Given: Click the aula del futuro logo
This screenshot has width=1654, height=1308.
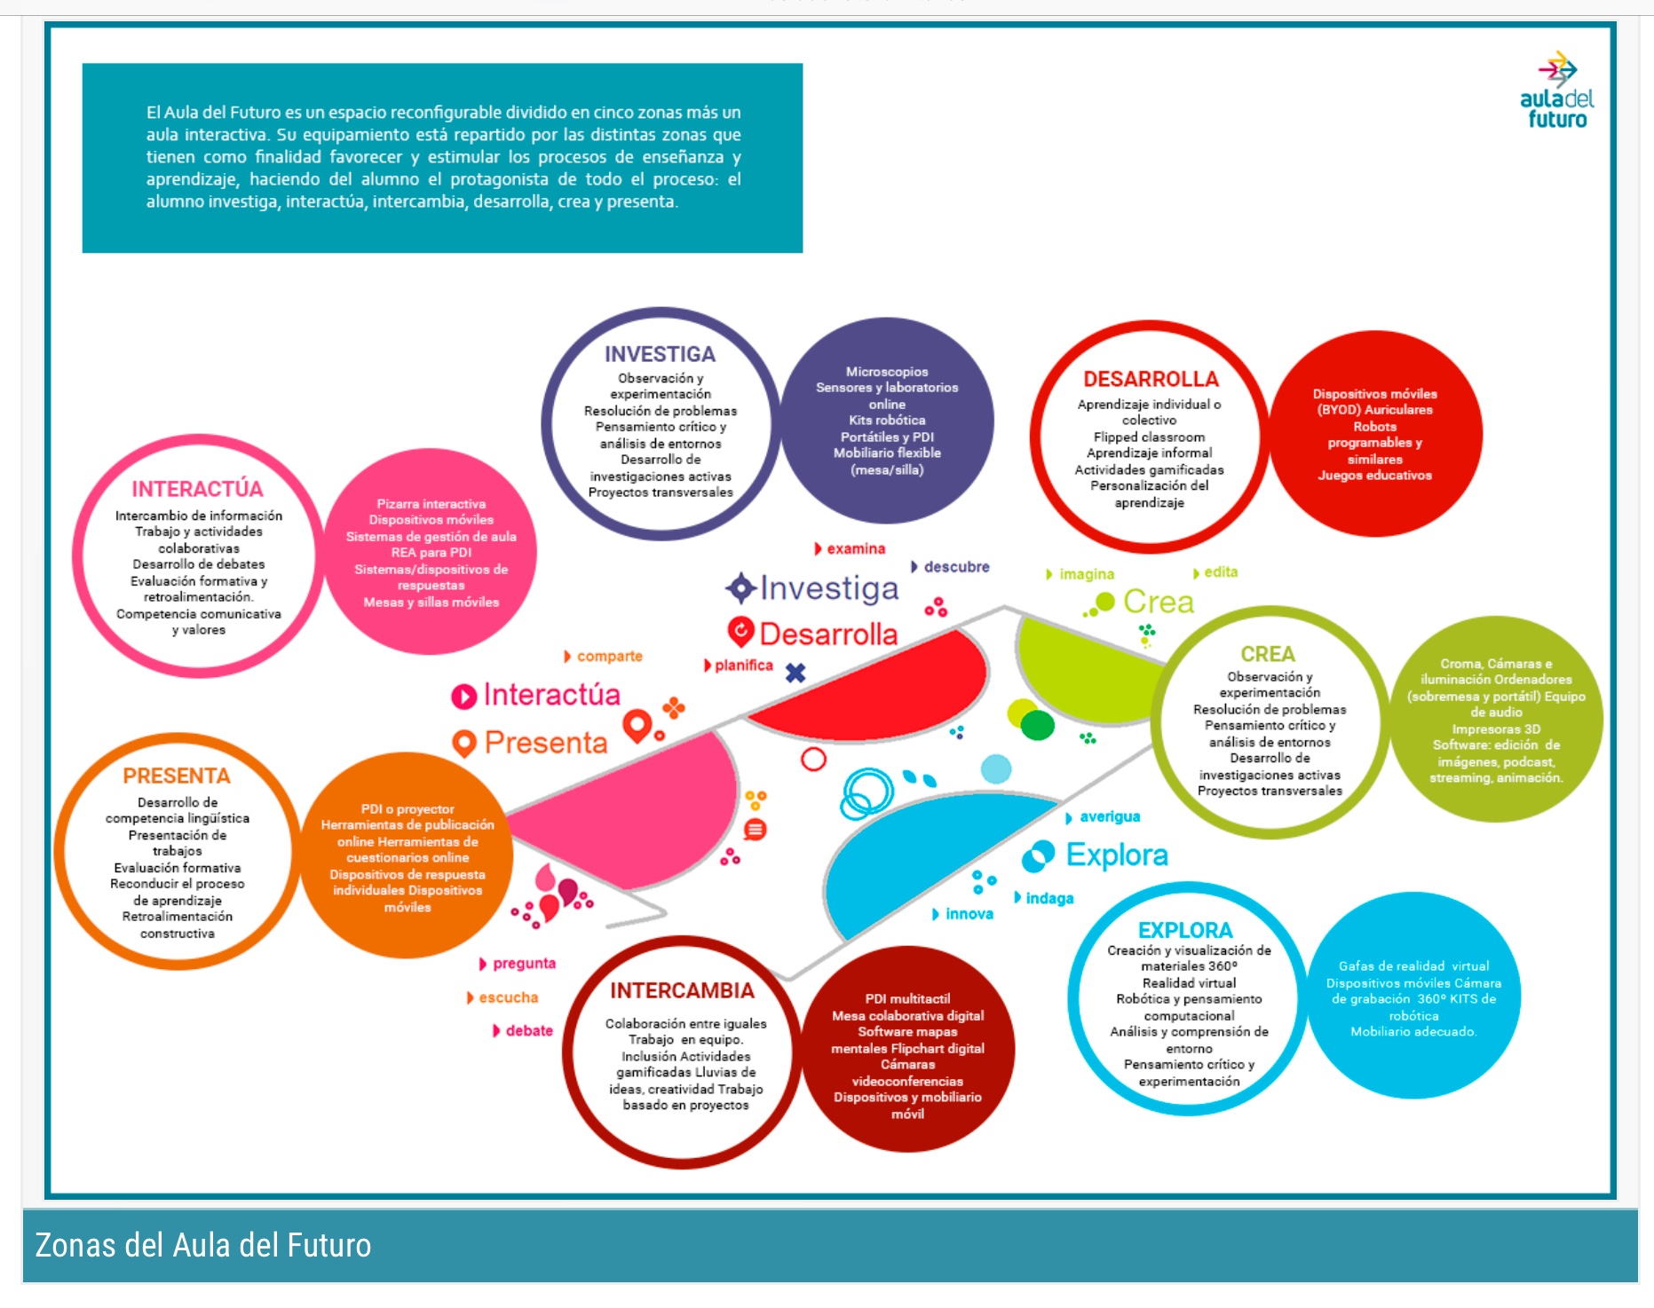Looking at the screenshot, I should [1556, 92].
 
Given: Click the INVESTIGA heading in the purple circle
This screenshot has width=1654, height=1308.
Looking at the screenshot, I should [660, 354].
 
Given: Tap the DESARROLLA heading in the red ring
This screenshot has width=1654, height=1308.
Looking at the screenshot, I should [1151, 379].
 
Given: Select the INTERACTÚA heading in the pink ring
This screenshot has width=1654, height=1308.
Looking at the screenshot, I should [197, 489].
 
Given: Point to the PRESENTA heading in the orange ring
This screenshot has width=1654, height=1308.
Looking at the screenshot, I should [177, 776].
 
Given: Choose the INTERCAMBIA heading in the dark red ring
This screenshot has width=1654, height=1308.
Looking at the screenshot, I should [682, 990].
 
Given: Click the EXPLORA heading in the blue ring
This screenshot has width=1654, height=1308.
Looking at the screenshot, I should [1185, 930].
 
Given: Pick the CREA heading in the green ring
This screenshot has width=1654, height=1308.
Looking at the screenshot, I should [1268, 654].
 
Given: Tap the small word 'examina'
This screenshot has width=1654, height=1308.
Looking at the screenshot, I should [855, 548].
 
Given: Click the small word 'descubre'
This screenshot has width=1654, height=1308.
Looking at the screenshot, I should [955, 566].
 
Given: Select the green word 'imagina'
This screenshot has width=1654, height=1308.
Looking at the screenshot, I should [1086, 574].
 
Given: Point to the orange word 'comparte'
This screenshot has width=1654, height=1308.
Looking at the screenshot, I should [609, 656].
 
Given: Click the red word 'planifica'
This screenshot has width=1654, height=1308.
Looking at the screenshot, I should [743, 666].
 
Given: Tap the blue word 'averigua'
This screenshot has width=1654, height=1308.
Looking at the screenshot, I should [1109, 816].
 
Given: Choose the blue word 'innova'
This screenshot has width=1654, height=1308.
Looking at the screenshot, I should [969, 914].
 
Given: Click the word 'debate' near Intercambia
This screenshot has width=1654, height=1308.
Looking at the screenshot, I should [528, 1030].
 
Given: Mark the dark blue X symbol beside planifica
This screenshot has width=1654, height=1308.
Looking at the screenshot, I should [795, 673].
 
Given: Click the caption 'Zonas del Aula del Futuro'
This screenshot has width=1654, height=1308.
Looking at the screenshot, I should [203, 1245].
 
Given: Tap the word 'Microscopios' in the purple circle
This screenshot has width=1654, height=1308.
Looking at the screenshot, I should [887, 372].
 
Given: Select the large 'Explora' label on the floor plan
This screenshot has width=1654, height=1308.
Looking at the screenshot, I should [1116, 855].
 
